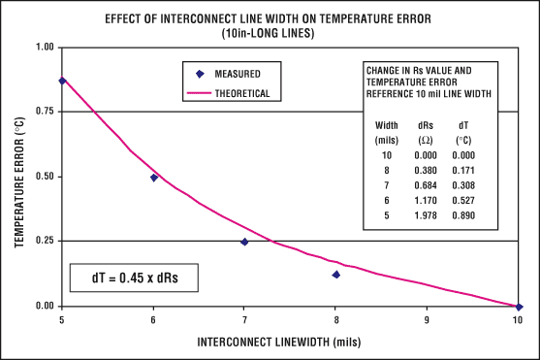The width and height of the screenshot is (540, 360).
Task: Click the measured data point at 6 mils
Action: tap(154, 178)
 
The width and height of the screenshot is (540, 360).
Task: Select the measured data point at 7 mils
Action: tap(244, 242)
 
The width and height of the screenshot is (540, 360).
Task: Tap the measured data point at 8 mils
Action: tap(335, 275)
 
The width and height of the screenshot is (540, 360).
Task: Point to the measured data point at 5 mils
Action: tap(63, 81)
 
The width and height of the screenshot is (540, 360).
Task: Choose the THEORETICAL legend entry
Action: tap(234, 94)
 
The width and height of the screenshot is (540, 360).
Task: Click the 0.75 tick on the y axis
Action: tap(42, 112)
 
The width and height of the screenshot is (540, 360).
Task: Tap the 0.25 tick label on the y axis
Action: tap(42, 241)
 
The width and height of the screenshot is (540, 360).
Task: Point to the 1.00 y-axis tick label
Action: tap(42, 47)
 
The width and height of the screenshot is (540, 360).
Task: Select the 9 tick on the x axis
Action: tap(427, 317)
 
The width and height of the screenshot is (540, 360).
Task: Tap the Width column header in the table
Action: tap(385, 125)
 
